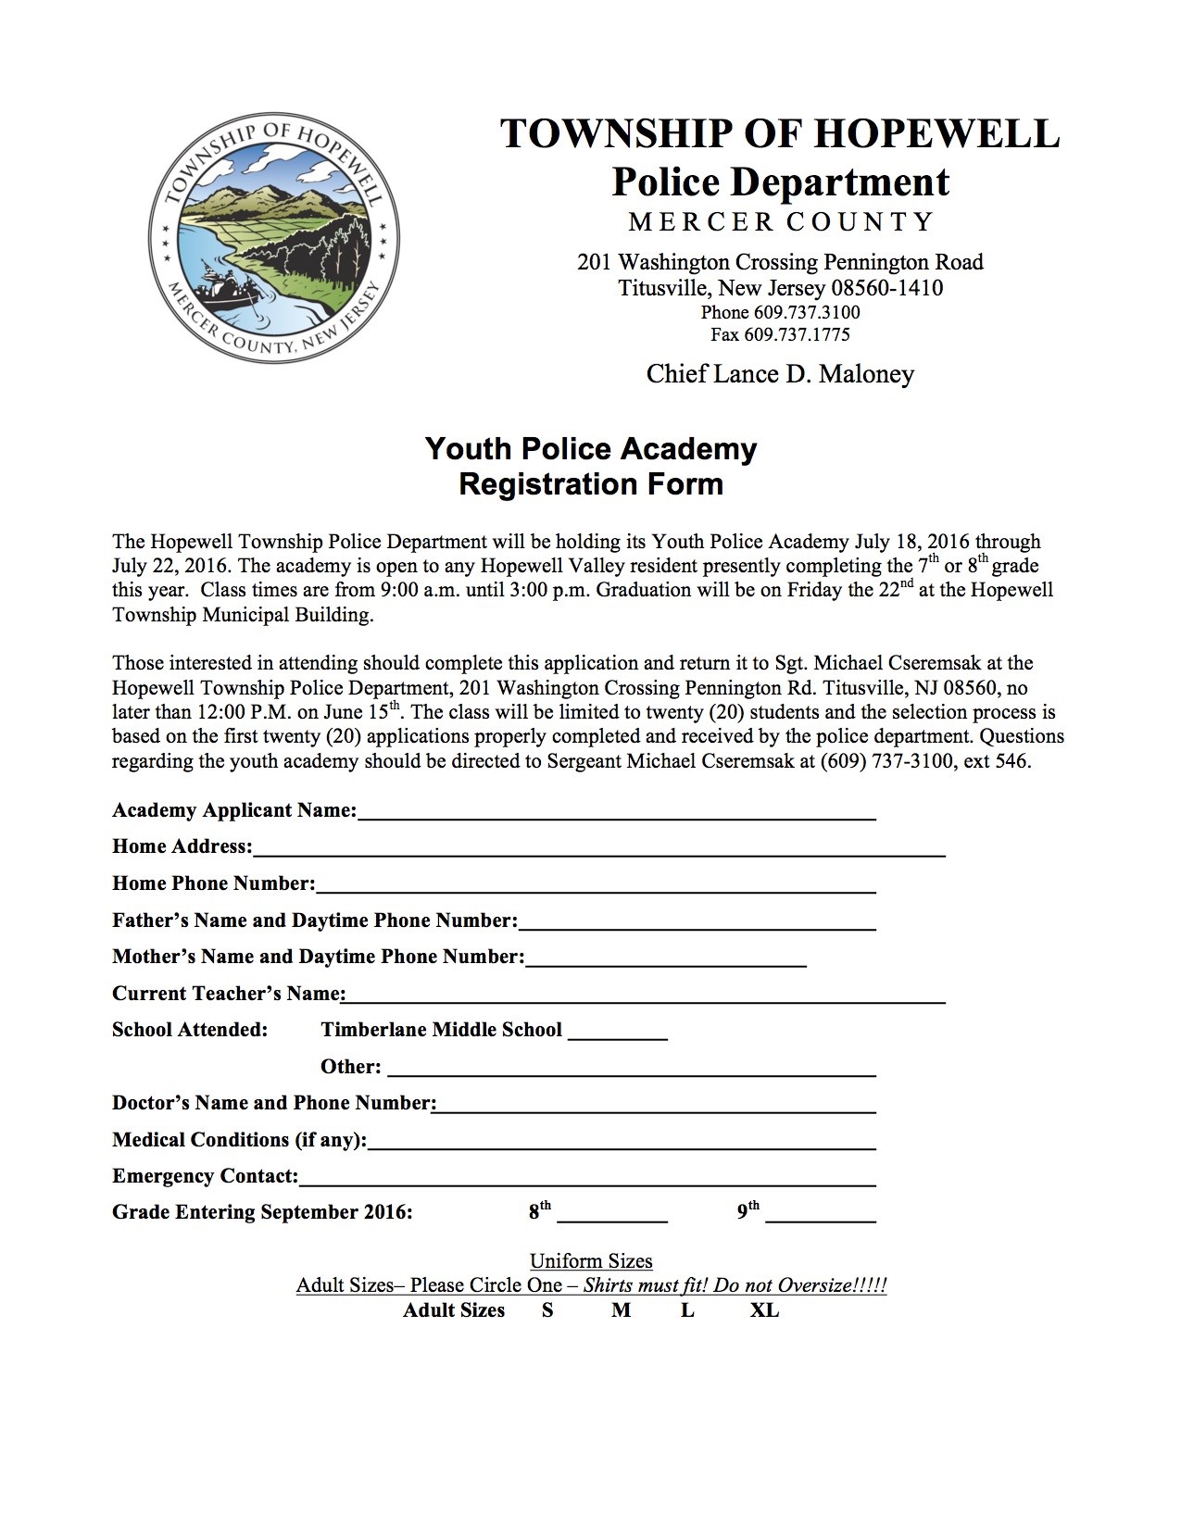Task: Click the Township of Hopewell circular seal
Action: [x=274, y=239]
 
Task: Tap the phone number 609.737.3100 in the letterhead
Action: [x=780, y=312]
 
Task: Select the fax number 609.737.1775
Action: [x=780, y=334]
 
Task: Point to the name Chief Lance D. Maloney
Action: [x=780, y=374]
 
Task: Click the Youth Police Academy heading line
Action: [x=591, y=449]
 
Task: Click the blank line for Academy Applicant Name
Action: [x=616, y=813]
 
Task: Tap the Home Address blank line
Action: [x=598, y=849]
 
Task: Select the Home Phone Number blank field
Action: [x=596, y=886]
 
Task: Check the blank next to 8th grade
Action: [x=612, y=1215]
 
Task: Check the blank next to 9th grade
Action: [x=821, y=1215]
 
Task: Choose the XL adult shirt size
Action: [x=764, y=1310]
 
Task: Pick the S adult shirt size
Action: [x=547, y=1310]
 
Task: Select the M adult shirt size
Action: [x=621, y=1310]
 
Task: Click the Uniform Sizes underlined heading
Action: [x=591, y=1261]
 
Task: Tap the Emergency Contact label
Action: [x=205, y=1176]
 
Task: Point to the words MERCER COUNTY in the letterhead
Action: [x=780, y=222]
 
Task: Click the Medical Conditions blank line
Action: [x=622, y=1143]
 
